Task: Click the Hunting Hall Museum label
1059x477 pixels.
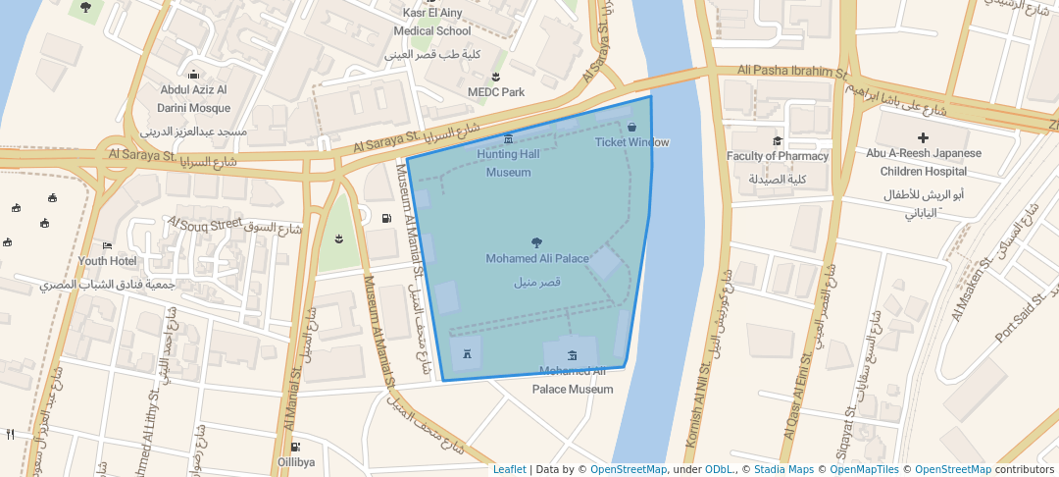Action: click(508, 163)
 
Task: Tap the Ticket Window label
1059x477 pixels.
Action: click(631, 142)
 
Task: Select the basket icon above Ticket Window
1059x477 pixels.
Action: click(631, 127)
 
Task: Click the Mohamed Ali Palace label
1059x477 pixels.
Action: click(536, 259)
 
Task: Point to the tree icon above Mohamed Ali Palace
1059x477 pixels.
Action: click(536, 241)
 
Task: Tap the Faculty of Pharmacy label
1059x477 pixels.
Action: click(777, 156)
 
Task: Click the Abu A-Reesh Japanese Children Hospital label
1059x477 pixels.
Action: click(923, 162)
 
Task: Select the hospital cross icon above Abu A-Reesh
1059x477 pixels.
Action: click(923, 137)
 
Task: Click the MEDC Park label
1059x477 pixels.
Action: click(496, 92)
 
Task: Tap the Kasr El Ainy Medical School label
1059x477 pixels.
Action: click(432, 22)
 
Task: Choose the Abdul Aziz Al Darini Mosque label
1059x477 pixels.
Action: click(195, 99)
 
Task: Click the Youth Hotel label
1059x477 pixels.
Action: click(107, 261)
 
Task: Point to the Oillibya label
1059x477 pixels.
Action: click(295, 461)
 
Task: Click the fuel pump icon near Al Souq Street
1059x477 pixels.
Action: click(387, 218)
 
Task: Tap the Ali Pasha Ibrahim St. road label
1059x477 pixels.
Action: click(792, 72)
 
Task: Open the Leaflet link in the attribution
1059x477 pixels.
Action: click(509, 470)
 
